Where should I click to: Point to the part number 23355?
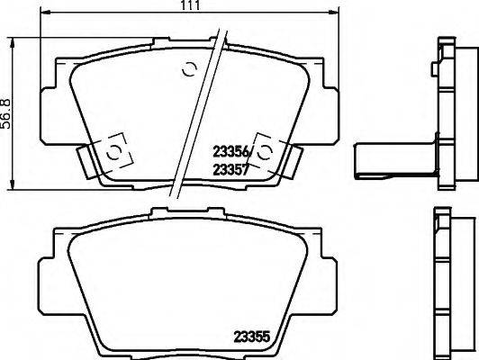(252, 338)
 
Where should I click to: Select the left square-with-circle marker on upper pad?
(113, 153)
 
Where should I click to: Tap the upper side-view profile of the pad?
(445, 112)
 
